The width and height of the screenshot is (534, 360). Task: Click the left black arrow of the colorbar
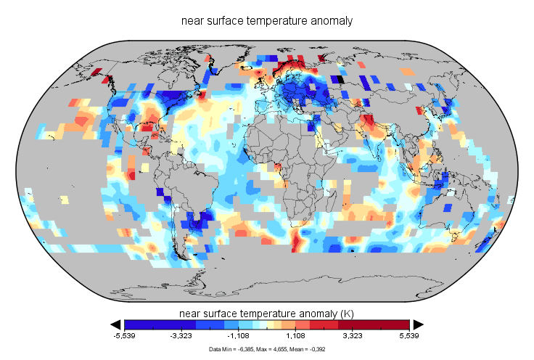(115, 324)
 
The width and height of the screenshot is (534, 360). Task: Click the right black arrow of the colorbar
(419, 324)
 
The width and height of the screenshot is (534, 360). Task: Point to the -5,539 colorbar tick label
(125, 337)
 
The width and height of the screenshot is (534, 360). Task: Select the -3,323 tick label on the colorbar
(181, 337)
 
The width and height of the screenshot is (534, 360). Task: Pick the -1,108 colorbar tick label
(239, 337)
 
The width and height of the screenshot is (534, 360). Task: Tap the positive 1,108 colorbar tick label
(296, 337)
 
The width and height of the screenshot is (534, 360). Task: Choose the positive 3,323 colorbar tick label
(353, 337)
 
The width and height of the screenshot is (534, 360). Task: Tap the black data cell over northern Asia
(337, 78)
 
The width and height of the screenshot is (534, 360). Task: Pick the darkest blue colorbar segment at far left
(139, 324)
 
